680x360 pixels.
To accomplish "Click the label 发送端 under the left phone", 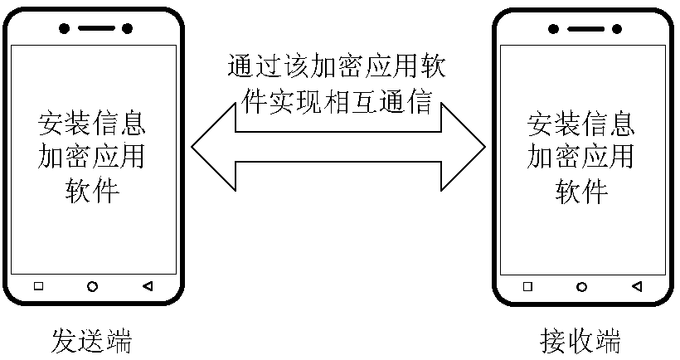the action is tap(91, 341).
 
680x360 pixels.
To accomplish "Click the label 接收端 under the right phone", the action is tap(580, 341).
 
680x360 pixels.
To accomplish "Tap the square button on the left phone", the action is tap(38, 286).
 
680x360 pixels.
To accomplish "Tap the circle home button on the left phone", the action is tap(93, 286).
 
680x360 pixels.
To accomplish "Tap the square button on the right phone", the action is tap(527, 286).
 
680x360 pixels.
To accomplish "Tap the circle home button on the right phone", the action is tap(581, 286).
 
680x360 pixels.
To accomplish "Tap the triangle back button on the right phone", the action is tap(636, 286).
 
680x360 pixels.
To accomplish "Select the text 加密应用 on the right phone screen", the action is tap(581, 157).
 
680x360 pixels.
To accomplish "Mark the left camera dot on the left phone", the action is tap(64, 28).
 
